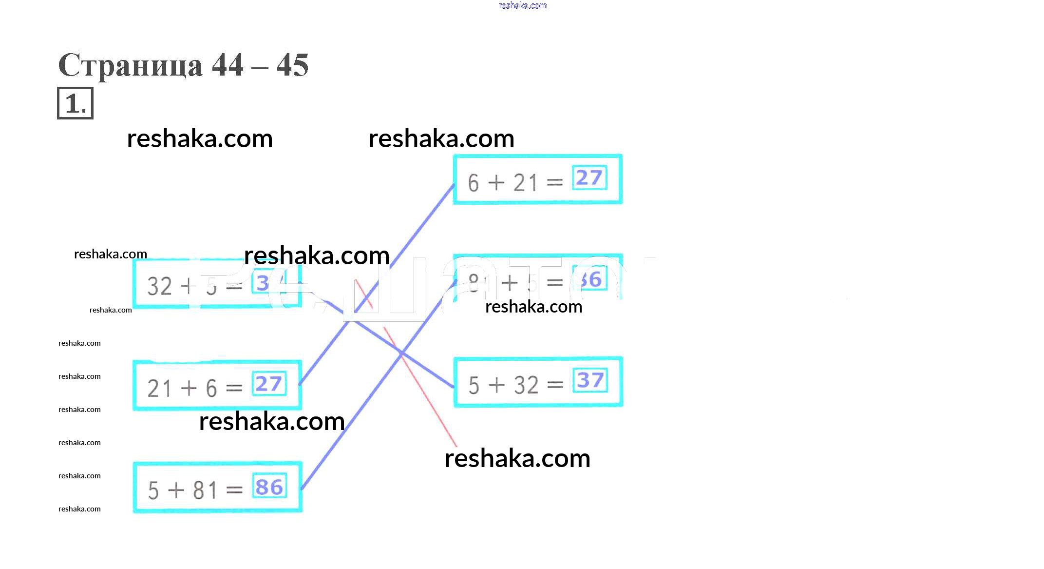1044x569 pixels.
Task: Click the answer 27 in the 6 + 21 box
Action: coord(589,178)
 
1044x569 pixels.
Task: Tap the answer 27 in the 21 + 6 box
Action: coord(269,384)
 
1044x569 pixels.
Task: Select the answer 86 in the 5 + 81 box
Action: coord(269,487)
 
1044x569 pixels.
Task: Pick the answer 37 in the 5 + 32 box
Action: coord(590,380)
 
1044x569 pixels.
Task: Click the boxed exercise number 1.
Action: coord(75,103)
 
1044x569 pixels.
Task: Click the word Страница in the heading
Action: coord(130,65)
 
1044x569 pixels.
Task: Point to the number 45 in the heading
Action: coord(292,65)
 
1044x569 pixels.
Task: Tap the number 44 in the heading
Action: coord(228,65)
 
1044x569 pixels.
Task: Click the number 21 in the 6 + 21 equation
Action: coord(525,183)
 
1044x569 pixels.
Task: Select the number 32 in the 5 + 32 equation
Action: coord(526,385)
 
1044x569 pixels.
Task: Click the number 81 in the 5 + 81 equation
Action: coord(205,490)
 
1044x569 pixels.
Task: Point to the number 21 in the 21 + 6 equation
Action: coord(159,389)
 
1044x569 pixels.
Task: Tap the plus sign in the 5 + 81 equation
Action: coord(176,490)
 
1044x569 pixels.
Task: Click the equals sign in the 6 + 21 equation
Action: coord(554,183)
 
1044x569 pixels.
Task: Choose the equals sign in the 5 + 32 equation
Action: coord(555,385)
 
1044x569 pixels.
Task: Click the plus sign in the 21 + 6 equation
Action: coord(189,389)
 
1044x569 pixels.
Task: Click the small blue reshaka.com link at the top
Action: coord(522,6)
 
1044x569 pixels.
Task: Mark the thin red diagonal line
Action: coord(429,400)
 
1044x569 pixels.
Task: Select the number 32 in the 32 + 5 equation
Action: coord(159,286)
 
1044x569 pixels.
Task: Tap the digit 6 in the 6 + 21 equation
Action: coord(473,183)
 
